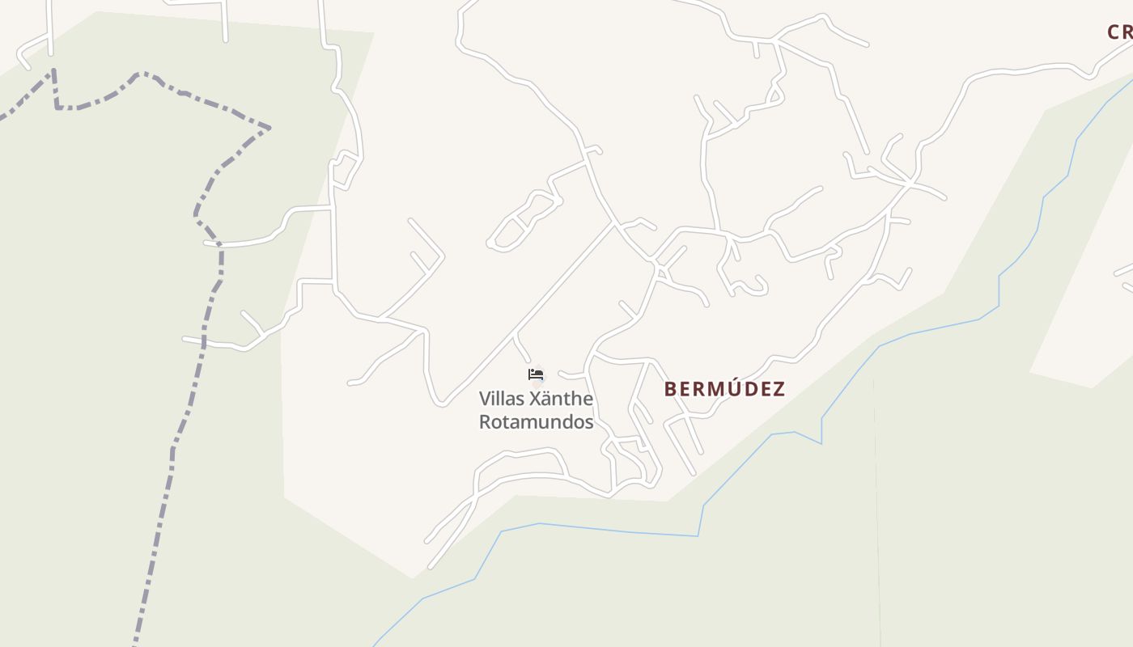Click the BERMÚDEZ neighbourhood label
pos(724,389)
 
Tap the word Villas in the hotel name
pos(500,399)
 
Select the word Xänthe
pos(561,399)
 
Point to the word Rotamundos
pos(536,422)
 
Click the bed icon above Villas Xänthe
pos(535,374)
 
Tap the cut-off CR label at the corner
pos(1119,32)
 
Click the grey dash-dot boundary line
pos(172,453)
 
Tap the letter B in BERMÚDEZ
pos(670,389)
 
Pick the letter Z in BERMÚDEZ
pos(779,389)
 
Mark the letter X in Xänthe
pos(534,399)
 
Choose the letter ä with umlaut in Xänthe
pos(546,400)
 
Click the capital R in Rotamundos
pos(485,422)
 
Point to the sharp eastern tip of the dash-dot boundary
pos(269,128)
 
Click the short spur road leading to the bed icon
pos(523,349)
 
